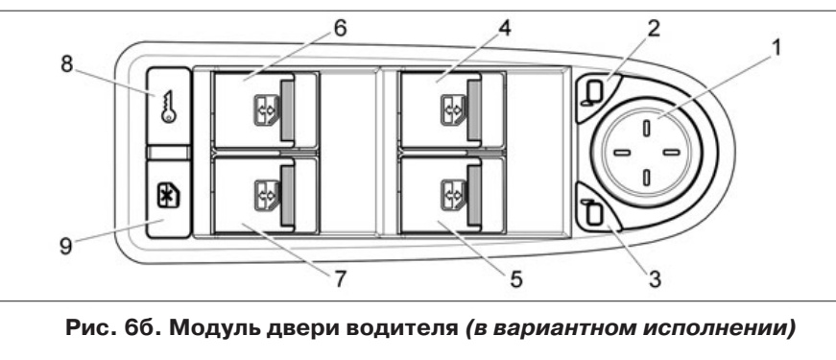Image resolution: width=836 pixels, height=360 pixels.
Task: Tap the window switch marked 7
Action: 252,195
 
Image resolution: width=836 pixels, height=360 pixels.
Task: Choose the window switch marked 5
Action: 441,195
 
